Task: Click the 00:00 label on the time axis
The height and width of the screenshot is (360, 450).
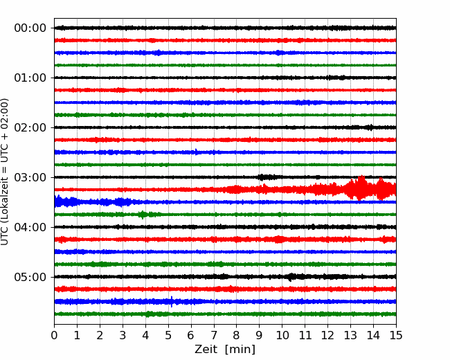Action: pyautogui.click(x=30, y=28)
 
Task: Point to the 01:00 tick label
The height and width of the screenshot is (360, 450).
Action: pyautogui.click(x=30, y=78)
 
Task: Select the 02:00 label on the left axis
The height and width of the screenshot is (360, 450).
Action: pyautogui.click(x=30, y=127)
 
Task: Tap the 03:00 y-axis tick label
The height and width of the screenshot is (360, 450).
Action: pyautogui.click(x=30, y=177)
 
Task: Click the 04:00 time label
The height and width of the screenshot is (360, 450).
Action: pyautogui.click(x=30, y=227)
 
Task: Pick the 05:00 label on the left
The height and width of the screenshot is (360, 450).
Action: pyautogui.click(x=30, y=277)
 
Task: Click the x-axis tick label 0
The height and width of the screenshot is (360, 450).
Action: pyautogui.click(x=54, y=335)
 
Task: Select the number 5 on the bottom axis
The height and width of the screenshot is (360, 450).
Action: pyautogui.click(x=168, y=335)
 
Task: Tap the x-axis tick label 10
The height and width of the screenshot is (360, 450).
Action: pyautogui.click(x=282, y=335)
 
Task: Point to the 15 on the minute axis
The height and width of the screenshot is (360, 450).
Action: pyautogui.click(x=396, y=335)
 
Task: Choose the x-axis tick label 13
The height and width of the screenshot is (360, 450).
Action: pyautogui.click(x=350, y=335)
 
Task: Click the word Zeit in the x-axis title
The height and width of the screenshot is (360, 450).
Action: pyautogui.click(x=206, y=350)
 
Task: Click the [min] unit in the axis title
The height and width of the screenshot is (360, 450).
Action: pyautogui.click(x=240, y=350)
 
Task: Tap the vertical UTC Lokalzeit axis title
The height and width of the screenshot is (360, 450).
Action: pyautogui.click(x=5, y=172)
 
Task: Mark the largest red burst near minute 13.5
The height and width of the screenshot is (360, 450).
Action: pyautogui.click(x=361, y=188)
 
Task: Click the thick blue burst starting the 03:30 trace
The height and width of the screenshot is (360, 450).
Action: pyautogui.click(x=66, y=201)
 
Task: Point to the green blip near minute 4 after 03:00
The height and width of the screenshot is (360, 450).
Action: pyautogui.click(x=143, y=215)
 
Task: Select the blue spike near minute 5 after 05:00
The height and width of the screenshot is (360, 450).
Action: pyautogui.click(x=172, y=301)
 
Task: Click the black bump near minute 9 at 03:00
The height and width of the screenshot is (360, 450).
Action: pyautogui.click(x=262, y=177)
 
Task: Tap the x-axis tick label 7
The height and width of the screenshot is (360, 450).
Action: pyautogui.click(x=214, y=335)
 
